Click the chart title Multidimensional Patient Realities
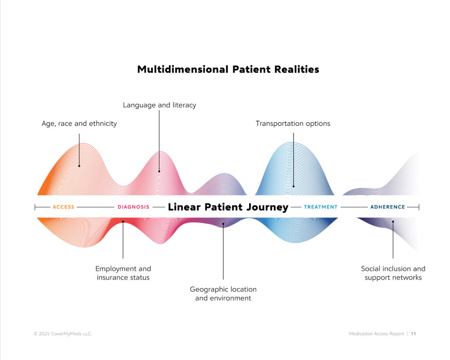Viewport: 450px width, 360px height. [228, 69]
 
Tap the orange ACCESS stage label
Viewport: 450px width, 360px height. [63, 207]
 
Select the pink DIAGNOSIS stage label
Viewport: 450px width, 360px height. [134, 207]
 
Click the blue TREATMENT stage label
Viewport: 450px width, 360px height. [320, 207]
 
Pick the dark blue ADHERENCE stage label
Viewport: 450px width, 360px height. [388, 207]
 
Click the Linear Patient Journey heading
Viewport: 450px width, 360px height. [228, 207]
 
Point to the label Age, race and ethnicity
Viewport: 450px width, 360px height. [79, 124]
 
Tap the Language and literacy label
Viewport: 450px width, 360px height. [160, 105]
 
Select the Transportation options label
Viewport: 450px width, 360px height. [293, 124]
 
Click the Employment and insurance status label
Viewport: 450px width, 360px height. [123, 273]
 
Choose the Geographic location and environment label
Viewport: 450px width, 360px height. [223, 294]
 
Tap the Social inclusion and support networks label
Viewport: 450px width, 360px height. [393, 273]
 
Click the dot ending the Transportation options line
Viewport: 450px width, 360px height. [294, 186]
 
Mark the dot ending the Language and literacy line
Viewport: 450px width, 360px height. [159, 171]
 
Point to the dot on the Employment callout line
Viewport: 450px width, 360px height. [123, 222]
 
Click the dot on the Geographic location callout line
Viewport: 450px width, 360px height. [223, 224]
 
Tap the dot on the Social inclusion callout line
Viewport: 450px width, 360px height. [393, 222]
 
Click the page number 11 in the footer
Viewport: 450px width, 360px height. [413, 334]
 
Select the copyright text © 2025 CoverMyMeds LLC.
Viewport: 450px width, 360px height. [63, 334]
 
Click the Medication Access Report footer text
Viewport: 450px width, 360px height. [376, 334]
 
